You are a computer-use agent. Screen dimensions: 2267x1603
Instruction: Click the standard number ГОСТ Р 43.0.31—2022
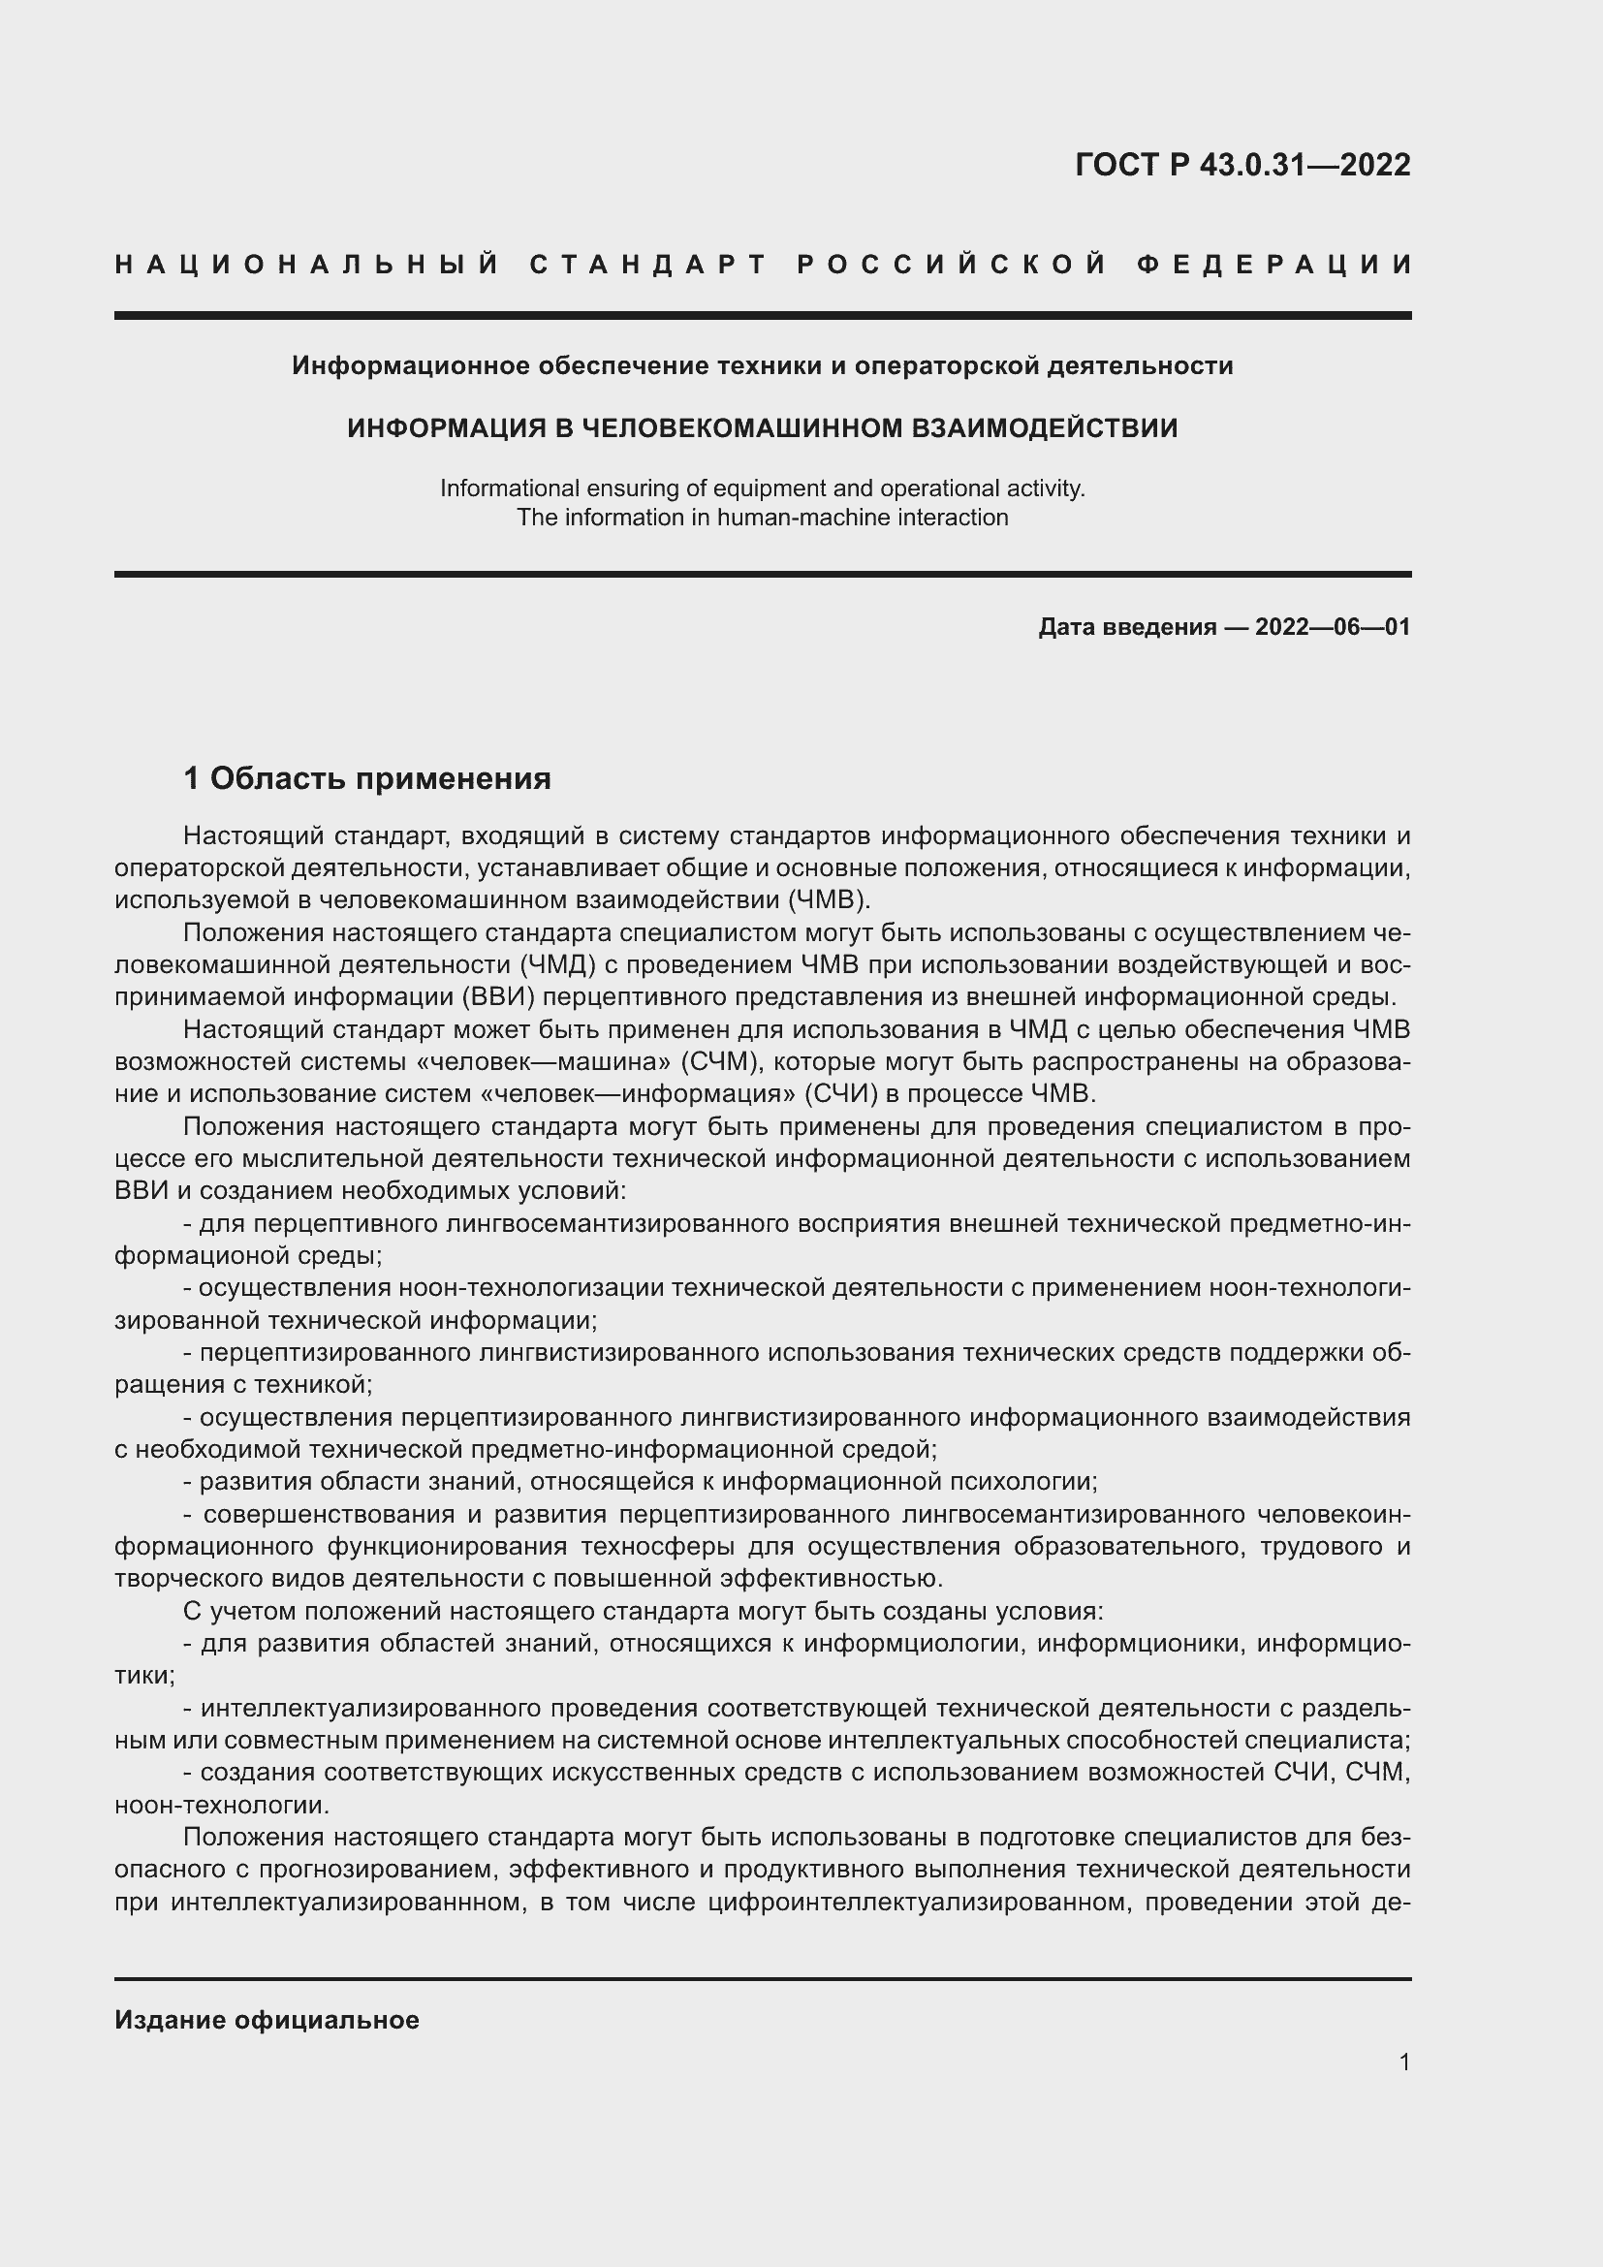click(1242, 165)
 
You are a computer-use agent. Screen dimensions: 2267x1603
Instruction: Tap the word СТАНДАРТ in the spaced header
click(647, 265)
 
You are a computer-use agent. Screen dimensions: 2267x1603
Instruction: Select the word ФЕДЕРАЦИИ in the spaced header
click(1274, 265)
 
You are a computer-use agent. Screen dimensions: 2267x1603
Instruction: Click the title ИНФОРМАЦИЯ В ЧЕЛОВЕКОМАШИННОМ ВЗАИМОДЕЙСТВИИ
click(762, 428)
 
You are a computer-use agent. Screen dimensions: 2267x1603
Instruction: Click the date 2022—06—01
click(1333, 627)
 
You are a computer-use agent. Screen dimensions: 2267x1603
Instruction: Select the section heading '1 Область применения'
click(367, 779)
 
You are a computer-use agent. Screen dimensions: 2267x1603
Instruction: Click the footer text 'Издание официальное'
click(267, 2020)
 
